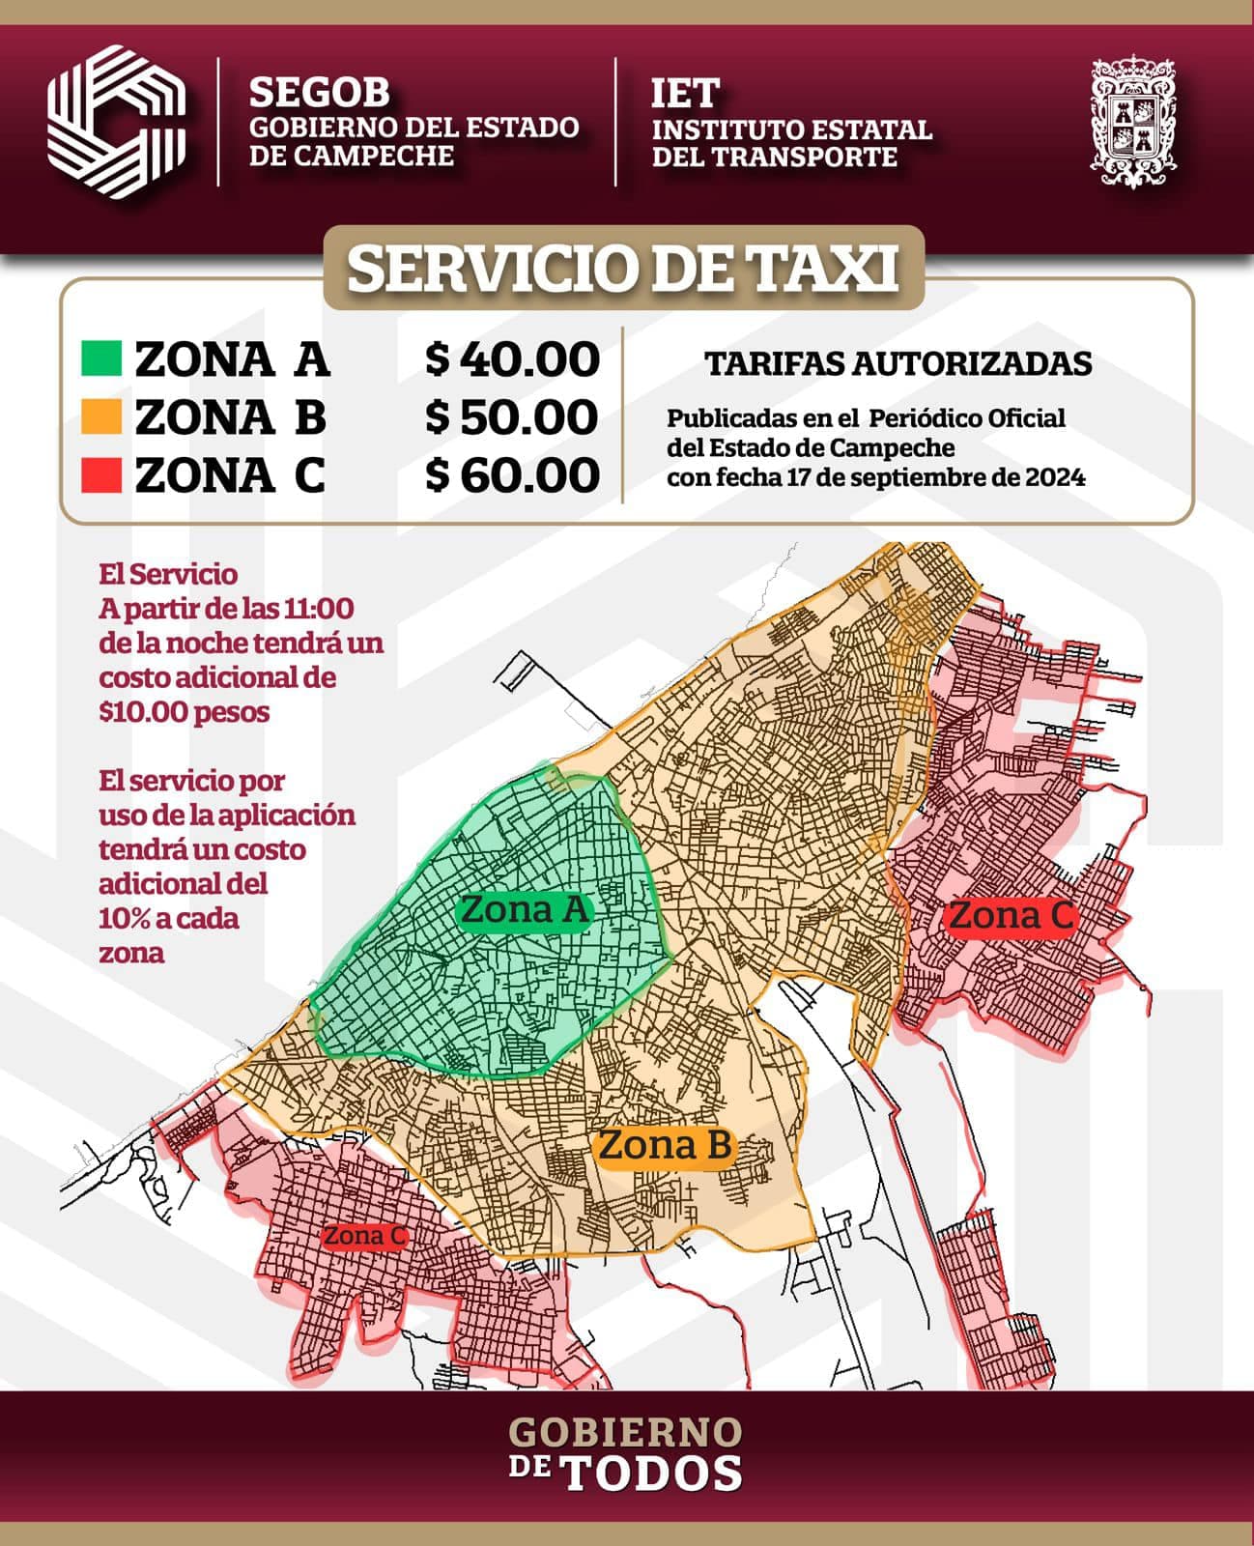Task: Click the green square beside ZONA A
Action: pyautogui.click(x=101, y=358)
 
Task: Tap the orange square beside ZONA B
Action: pyautogui.click(x=101, y=416)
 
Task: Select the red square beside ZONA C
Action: pyautogui.click(x=101, y=474)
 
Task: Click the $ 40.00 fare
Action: pyautogui.click(x=513, y=359)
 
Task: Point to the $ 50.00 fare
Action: pyautogui.click(x=513, y=417)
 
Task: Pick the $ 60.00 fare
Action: pyautogui.click(x=513, y=475)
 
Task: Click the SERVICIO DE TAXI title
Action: pyautogui.click(x=623, y=270)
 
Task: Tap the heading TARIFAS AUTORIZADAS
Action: pyautogui.click(x=898, y=363)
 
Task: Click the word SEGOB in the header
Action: pyautogui.click(x=320, y=92)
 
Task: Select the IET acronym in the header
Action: pyautogui.click(x=685, y=93)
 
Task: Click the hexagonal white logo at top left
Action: pyautogui.click(x=116, y=122)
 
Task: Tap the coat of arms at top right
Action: pyautogui.click(x=1134, y=123)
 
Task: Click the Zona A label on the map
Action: pyautogui.click(x=525, y=910)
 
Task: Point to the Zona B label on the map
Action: pyautogui.click(x=665, y=1146)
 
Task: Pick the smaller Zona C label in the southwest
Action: pyautogui.click(x=364, y=1236)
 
